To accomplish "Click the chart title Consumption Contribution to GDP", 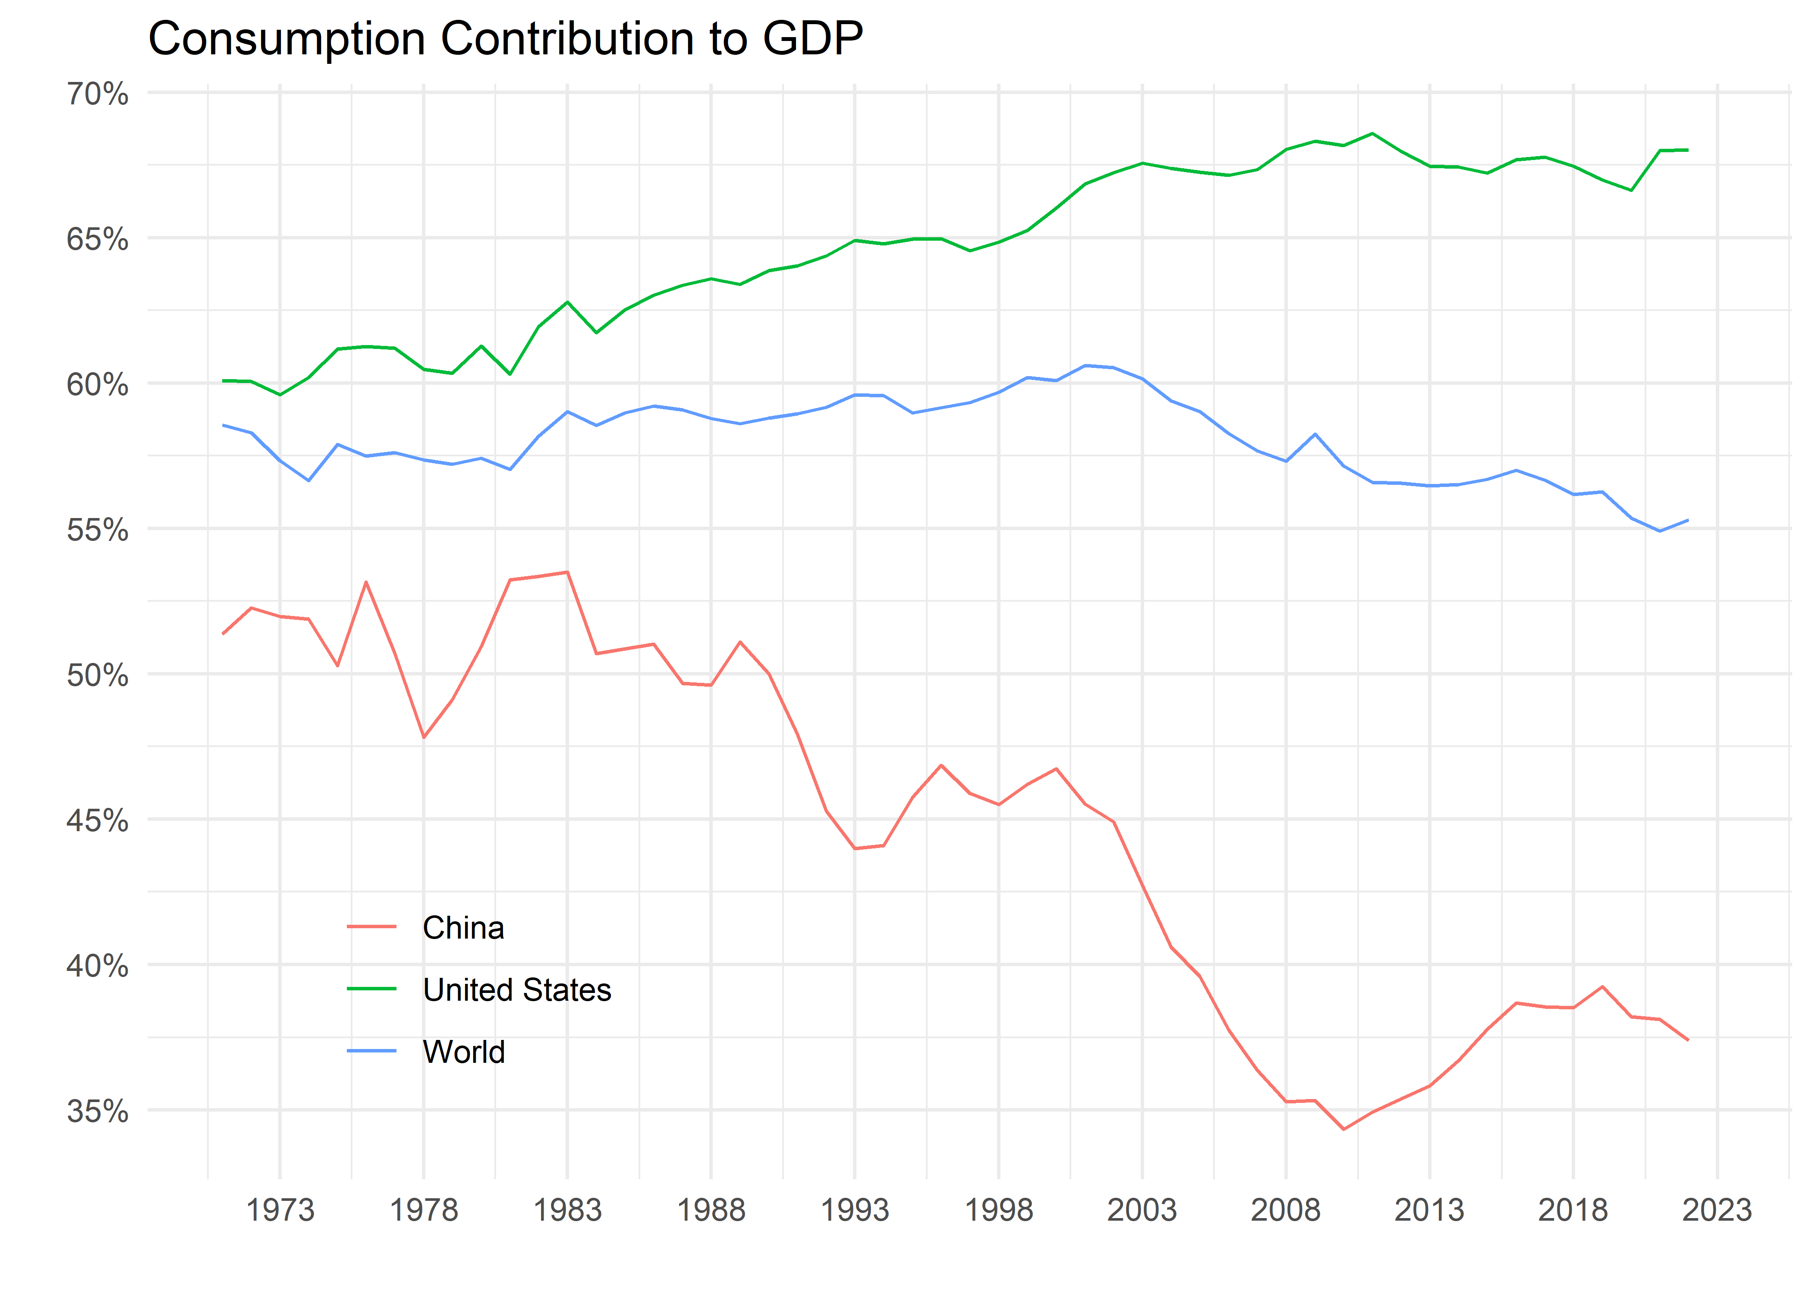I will point(505,38).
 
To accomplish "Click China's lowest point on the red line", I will point(1343,1129).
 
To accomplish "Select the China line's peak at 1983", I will point(567,572).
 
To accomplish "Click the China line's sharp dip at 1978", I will point(424,737).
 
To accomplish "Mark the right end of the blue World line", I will point(1688,520).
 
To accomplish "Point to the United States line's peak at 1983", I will point(567,302).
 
